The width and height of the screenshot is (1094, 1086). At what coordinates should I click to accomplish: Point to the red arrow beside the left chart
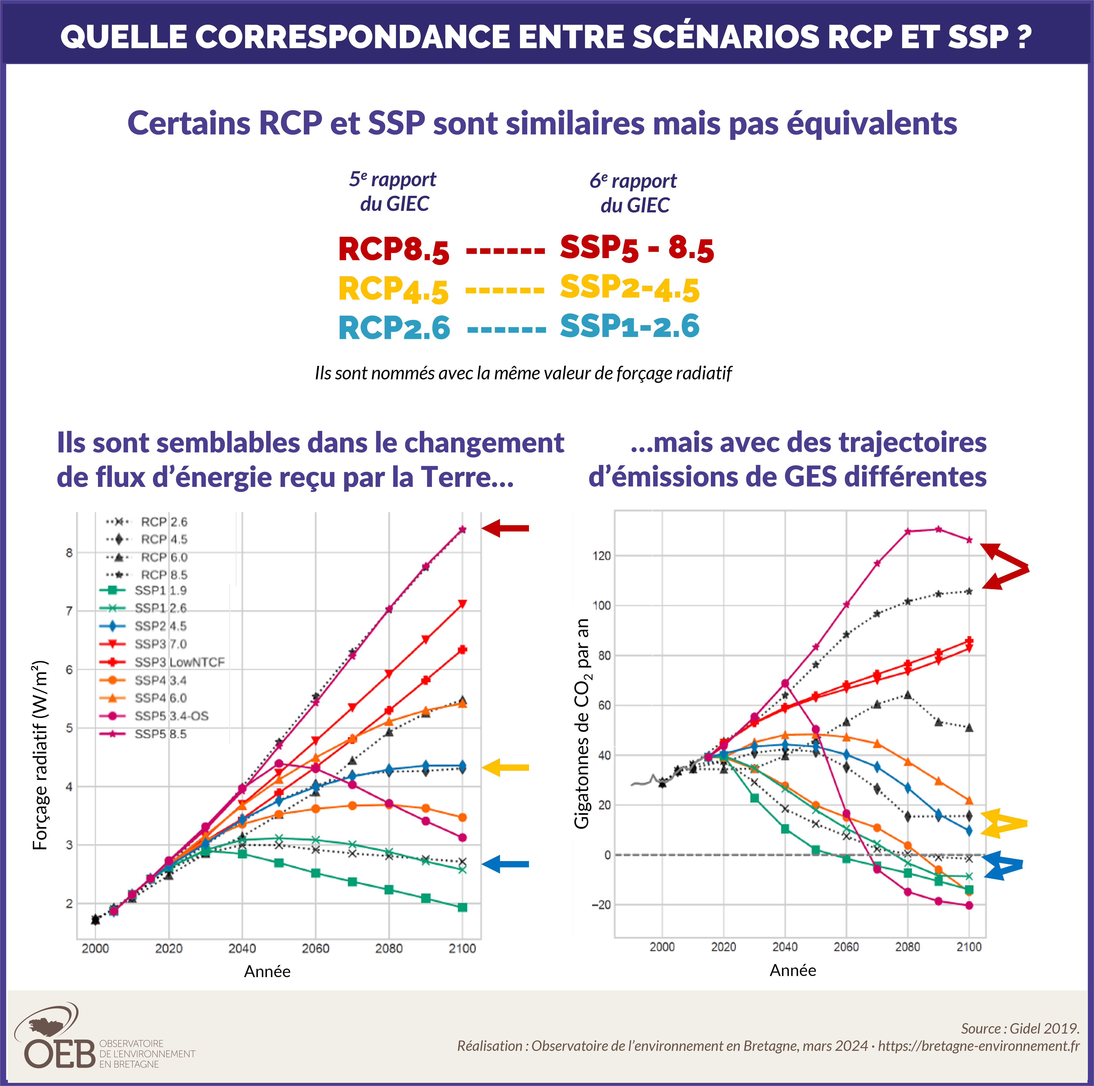click(x=506, y=528)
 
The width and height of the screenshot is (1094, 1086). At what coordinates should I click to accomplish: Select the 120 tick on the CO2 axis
click(x=601, y=556)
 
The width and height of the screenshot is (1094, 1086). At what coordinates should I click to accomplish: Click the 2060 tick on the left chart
click(x=315, y=948)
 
